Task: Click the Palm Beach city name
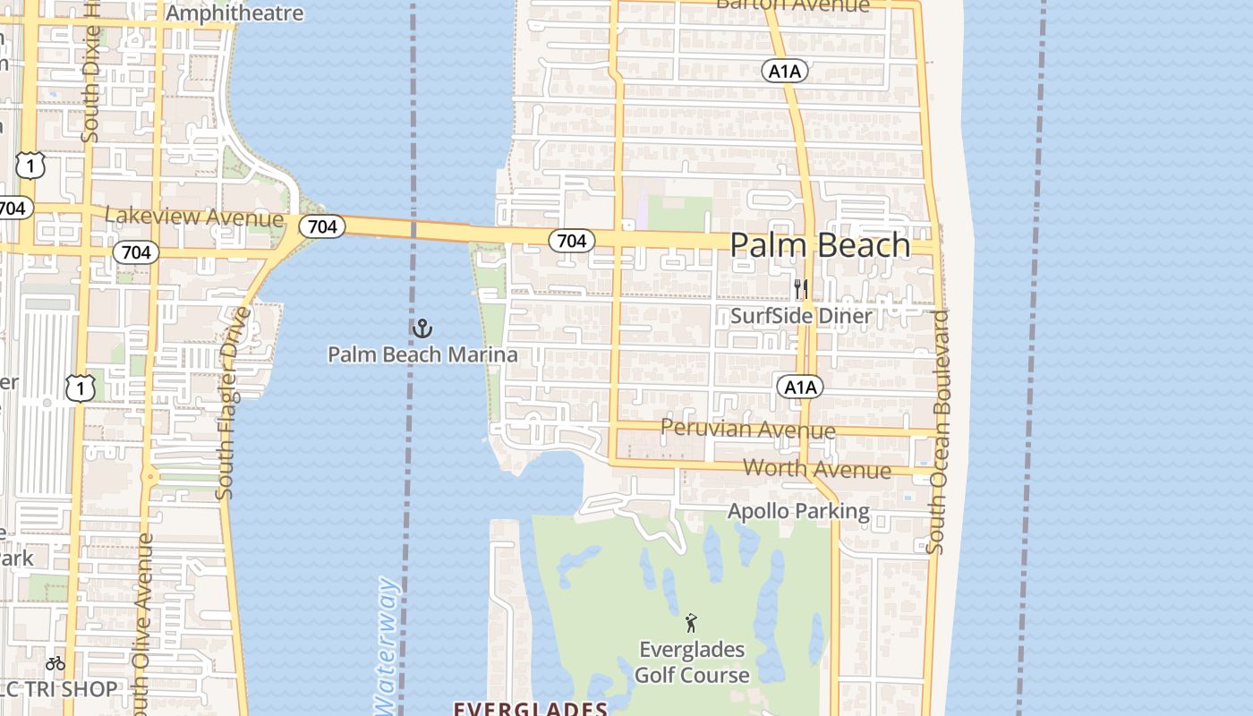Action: pyautogui.click(x=820, y=245)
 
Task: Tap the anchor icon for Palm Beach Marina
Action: pyautogui.click(x=422, y=328)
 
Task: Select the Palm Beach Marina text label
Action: pyautogui.click(x=422, y=354)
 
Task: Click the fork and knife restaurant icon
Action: pyautogui.click(x=801, y=289)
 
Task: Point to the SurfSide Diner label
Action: pyautogui.click(x=801, y=316)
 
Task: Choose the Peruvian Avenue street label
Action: pyautogui.click(x=747, y=429)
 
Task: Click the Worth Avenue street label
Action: pyautogui.click(x=817, y=469)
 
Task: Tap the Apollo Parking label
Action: pyautogui.click(x=798, y=511)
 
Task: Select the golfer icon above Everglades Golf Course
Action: pyautogui.click(x=690, y=623)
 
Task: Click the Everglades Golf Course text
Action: pyautogui.click(x=692, y=662)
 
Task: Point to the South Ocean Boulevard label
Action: pyautogui.click(x=938, y=431)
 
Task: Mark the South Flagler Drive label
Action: pyautogui.click(x=232, y=403)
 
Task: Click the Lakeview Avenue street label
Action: pyautogui.click(x=194, y=217)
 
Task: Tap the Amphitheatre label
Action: pyautogui.click(x=234, y=13)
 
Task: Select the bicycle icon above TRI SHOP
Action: pyautogui.click(x=55, y=663)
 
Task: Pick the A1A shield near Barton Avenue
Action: pyautogui.click(x=785, y=71)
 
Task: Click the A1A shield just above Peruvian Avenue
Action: pyautogui.click(x=799, y=387)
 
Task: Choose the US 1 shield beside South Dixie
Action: pyautogui.click(x=30, y=164)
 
